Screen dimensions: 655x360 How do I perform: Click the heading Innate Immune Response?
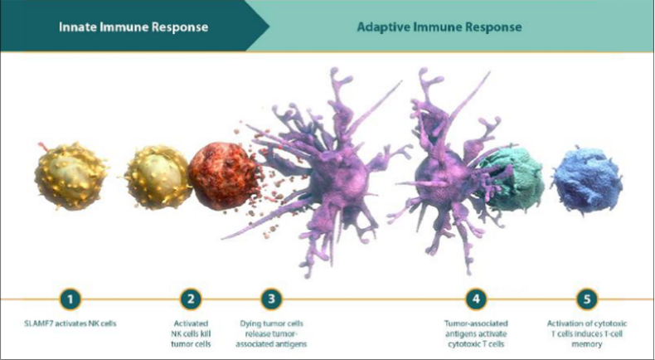133,27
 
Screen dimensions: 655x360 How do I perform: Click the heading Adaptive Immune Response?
439,27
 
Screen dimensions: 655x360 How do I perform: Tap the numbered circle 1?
70,299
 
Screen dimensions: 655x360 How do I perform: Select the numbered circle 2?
191,299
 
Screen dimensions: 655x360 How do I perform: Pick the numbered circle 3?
271,299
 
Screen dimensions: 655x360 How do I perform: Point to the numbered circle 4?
476,299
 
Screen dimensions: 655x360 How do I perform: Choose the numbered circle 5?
587,299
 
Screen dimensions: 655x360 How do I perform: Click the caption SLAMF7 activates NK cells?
70,324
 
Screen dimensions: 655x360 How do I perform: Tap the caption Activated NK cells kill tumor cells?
191,333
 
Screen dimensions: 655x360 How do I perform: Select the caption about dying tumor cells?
271,333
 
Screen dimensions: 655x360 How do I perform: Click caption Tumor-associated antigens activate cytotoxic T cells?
476,333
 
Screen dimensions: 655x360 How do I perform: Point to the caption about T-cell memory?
587,333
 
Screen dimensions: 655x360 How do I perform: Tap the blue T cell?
587,180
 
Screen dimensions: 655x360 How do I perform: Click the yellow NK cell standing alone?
70,176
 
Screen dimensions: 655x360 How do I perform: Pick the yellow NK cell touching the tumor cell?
158,177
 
